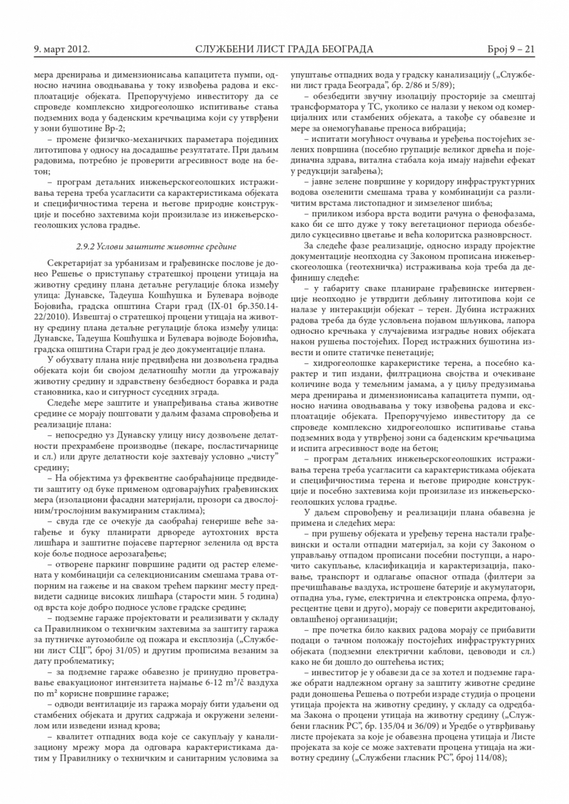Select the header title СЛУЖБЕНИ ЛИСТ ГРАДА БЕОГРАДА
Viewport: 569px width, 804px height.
click(x=284, y=49)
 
